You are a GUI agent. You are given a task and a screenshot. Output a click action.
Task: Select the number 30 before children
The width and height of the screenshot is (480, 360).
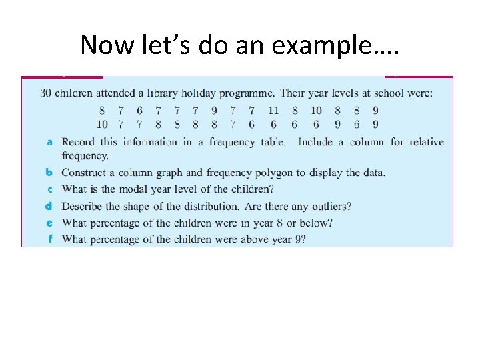pyautogui.click(x=45, y=93)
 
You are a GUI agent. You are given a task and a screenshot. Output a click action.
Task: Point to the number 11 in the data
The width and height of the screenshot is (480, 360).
pyautogui.click(x=273, y=111)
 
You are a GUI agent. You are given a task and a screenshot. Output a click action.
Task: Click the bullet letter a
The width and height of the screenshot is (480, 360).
pyautogui.click(x=50, y=142)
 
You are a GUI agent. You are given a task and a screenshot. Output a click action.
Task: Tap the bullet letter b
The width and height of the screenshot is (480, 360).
pyautogui.click(x=50, y=173)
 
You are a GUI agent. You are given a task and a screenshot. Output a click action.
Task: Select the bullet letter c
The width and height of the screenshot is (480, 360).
pyautogui.click(x=50, y=189)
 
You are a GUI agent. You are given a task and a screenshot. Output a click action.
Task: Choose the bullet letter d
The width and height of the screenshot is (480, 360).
pyautogui.click(x=50, y=207)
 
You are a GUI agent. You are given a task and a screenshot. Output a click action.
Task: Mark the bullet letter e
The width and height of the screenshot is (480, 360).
pyautogui.click(x=50, y=223)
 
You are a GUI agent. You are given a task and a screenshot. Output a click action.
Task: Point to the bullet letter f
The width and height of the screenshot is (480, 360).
pyautogui.click(x=50, y=239)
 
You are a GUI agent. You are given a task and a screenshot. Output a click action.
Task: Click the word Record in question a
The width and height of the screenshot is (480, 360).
pyautogui.click(x=78, y=141)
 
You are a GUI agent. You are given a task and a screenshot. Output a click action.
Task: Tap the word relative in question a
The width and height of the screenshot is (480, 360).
pyautogui.click(x=426, y=141)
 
